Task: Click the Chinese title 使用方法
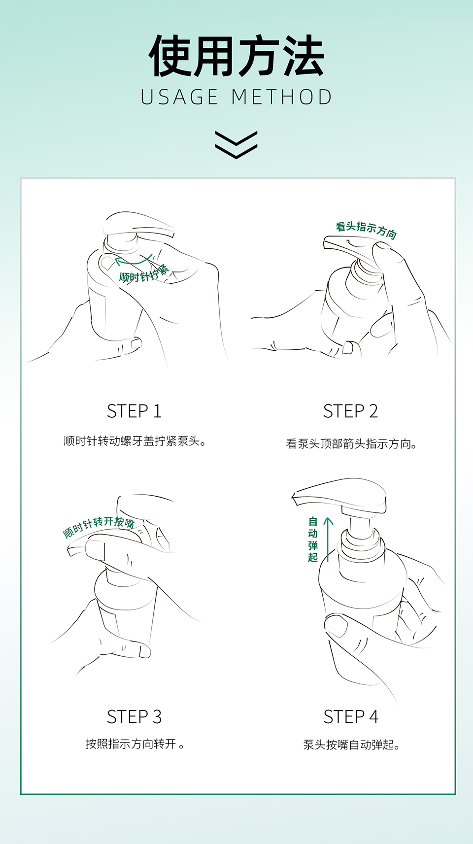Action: pos(236,56)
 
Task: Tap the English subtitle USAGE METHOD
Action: pos(236,97)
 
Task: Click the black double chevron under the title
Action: pos(236,145)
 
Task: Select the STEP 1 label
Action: pos(134,411)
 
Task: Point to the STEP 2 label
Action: pos(350,411)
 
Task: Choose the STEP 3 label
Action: pos(134,717)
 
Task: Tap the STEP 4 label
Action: pos(350,717)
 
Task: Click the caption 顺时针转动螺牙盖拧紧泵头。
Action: pos(135,441)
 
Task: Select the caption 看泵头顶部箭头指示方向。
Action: pos(351,443)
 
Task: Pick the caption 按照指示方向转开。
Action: pos(135,744)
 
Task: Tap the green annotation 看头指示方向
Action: pos(366,230)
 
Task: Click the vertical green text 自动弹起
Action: pos(313,540)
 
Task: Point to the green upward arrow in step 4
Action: pos(328,540)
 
